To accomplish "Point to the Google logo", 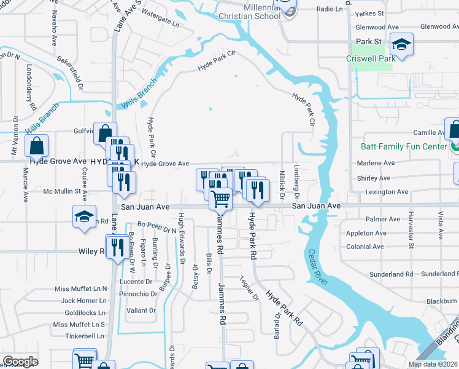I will [x=20, y=362].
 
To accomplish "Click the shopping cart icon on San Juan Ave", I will [x=220, y=199].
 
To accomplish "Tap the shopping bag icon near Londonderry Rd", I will [x=37, y=146].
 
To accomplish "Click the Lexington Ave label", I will [x=387, y=192].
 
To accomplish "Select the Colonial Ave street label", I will [x=364, y=247].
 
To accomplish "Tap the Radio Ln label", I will [x=330, y=9].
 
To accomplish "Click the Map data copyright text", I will [x=433, y=364].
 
